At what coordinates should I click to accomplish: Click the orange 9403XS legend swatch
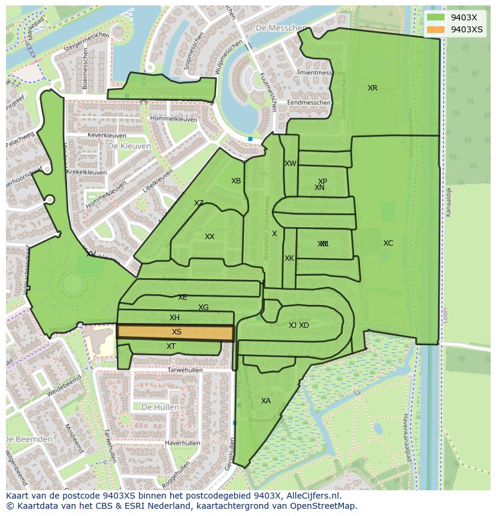[x=436, y=29]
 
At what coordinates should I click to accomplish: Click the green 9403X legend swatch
[x=436, y=17]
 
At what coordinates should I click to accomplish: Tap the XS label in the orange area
[x=177, y=332]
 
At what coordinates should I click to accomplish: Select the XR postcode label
[x=373, y=88]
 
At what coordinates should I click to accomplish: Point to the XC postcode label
[x=388, y=243]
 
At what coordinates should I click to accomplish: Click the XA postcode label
[x=266, y=401]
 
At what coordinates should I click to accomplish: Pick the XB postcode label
[x=236, y=181]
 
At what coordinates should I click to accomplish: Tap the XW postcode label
[x=290, y=164]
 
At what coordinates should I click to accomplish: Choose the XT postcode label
[x=171, y=346]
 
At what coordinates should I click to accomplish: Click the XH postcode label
[x=174, y=318]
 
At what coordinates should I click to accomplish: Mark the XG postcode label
[x=204, y=307]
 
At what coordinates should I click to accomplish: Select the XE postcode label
[x=183, y=297]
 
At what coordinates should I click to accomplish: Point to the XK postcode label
[x=289, y=258]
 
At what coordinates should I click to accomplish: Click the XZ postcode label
[x=199, y=203]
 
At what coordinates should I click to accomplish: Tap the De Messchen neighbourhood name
[x=276, y=28]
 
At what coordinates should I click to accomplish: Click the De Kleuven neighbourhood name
[x=129, y=146]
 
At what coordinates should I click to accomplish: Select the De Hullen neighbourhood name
[x=160, y=407]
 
